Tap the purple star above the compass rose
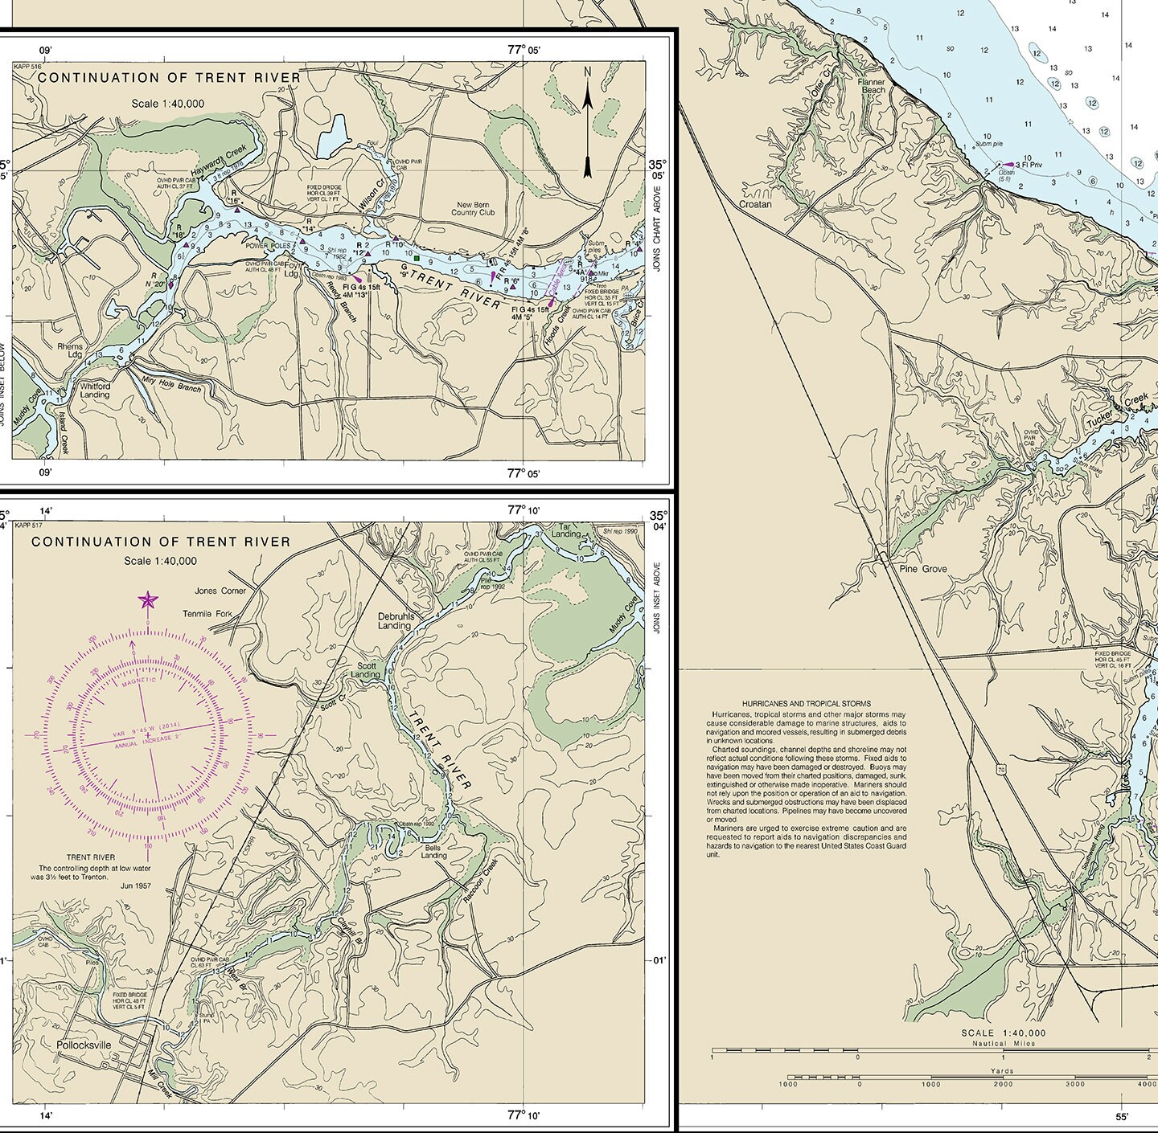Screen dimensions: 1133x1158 (x=148, y=600)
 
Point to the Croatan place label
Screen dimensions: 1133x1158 (x=755, y=204)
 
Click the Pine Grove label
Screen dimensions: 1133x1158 (x=923, y=569)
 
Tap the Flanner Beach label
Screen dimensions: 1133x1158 (x=872, y=86)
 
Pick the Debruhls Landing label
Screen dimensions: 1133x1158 (x=395, y=621)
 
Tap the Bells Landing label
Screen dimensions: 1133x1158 (x=435, y=851)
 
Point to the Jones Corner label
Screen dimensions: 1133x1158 (x=220, y=591)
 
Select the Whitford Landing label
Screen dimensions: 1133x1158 (x=95, y=390)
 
